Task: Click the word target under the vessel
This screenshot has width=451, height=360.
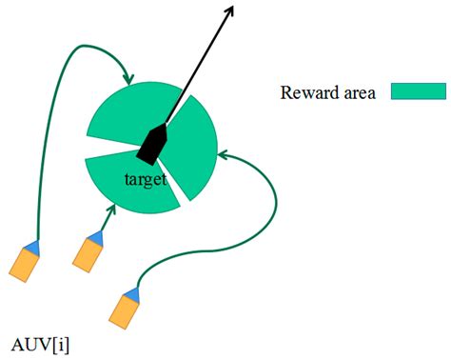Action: coord(145,178)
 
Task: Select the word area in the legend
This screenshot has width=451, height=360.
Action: coord(361,92)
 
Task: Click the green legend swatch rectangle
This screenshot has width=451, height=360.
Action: coord(418,91)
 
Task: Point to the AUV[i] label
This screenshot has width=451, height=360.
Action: coord(38,341)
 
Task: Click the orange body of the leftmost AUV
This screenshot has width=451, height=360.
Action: coord(23,264)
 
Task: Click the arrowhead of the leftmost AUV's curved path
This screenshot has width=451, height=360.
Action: coord(127,79)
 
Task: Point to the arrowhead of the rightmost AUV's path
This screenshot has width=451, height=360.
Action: coord(224,152)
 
